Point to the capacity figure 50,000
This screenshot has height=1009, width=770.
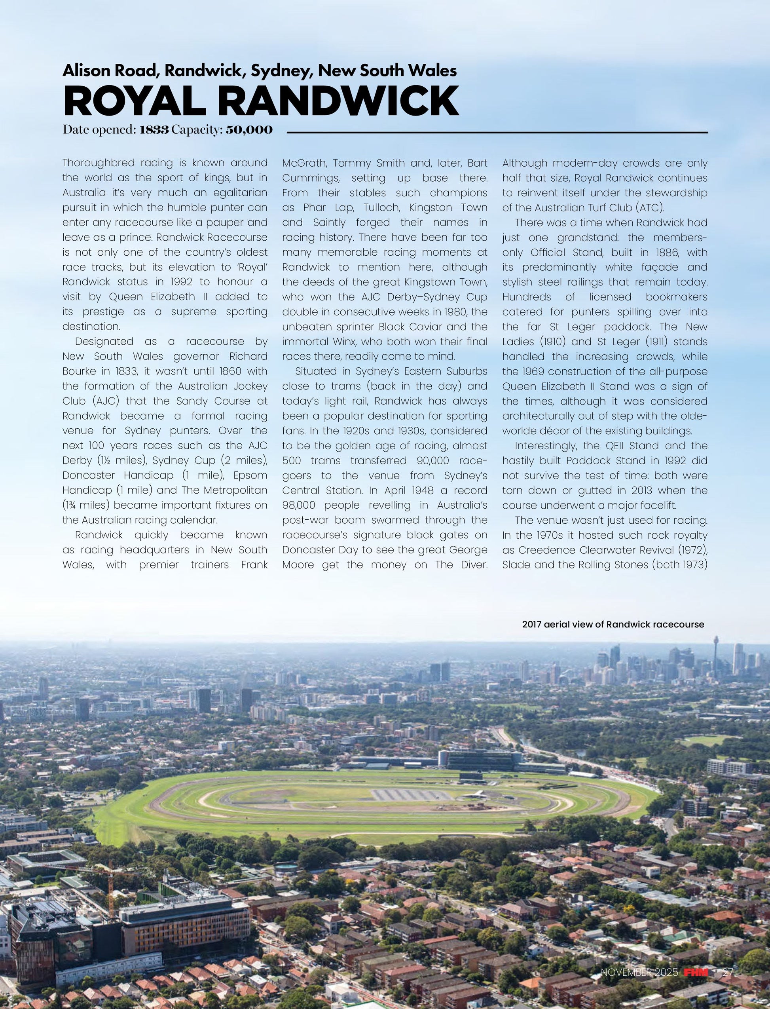249,130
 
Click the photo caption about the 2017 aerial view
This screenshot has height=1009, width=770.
613,624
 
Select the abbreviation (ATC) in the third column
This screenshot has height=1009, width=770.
649,208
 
